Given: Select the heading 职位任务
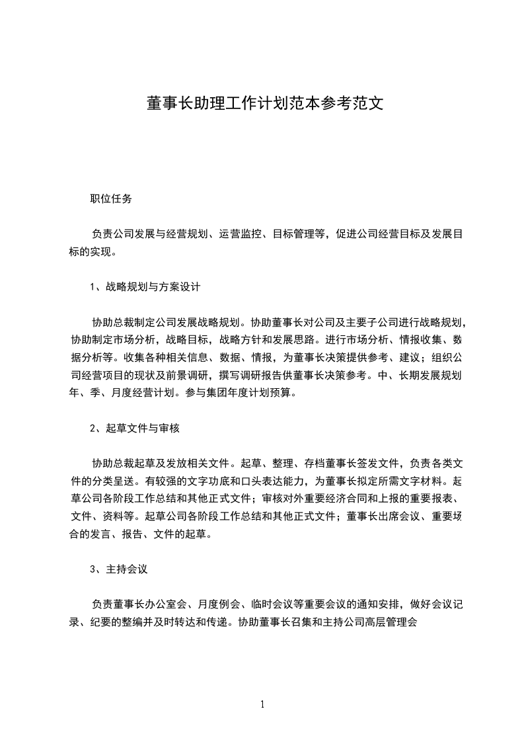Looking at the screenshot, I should [110, 198].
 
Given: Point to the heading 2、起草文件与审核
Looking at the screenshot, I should [134, 428].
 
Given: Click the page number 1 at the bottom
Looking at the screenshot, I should [262, 704].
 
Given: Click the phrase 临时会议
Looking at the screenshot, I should [274, 604].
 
